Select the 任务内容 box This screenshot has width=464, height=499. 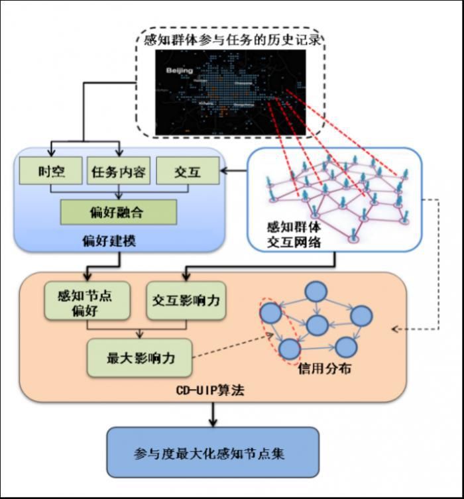(119, 172)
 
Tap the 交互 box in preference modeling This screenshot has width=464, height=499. (187, 172)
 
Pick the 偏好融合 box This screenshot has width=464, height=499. (119, 212)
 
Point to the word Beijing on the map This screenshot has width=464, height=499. (179, 70)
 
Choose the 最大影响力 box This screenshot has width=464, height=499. (140, 358)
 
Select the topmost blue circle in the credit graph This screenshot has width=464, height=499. (316, 292)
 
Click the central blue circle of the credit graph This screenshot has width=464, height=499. (318, 325)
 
